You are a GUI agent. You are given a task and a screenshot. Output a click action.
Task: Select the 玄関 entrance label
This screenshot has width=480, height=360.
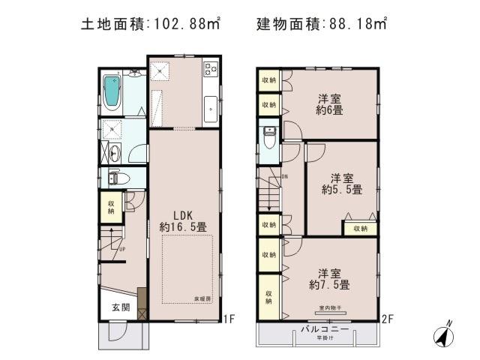point(121,307)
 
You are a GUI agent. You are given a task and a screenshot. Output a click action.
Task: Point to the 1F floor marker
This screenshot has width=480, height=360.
point(231,319)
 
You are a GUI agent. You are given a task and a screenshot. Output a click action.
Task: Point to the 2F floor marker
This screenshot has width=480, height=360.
point(387,319)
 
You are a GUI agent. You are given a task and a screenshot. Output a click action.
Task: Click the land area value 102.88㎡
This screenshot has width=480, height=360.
point(179,24)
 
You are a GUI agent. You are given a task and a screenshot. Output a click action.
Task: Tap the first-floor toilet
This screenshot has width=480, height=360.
point(114,178)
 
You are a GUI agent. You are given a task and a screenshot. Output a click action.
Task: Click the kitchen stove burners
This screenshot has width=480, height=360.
point(211,71)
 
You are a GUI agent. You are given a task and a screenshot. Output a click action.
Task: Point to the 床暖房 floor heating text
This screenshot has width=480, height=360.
point(205,298)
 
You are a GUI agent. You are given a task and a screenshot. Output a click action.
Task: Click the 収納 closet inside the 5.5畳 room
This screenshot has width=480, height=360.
point(359,228)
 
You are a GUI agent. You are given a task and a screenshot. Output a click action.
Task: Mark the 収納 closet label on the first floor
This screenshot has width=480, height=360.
point(110,206)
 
